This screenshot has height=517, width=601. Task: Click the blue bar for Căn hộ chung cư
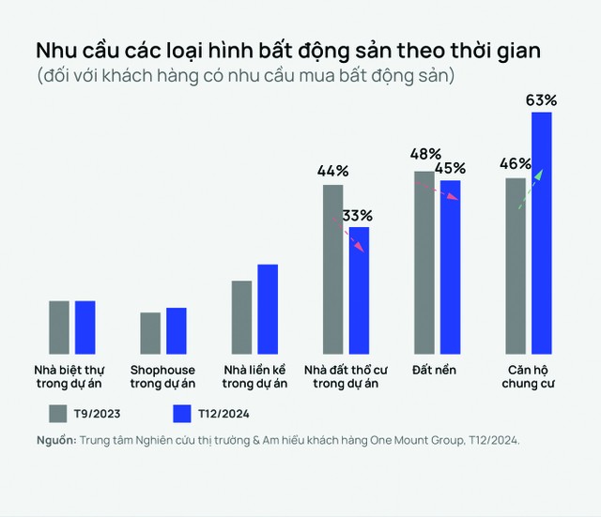pos(542,231)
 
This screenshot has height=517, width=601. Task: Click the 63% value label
pos(542,99)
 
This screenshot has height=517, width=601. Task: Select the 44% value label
pos(333,171)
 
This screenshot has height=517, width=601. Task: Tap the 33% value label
pos(357,215)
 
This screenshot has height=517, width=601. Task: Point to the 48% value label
pos(426,155)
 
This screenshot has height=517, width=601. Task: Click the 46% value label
pos(516,164)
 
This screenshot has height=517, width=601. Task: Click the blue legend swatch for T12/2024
pos(183,413)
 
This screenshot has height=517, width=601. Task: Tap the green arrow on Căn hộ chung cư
pos(532,182)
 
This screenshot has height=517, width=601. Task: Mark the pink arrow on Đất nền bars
pos(438,190)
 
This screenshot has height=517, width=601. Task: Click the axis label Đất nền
pos(434,370)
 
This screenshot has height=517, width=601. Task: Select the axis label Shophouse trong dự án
pos(162,376)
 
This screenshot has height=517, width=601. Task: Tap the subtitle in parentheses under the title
pos(245,75)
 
